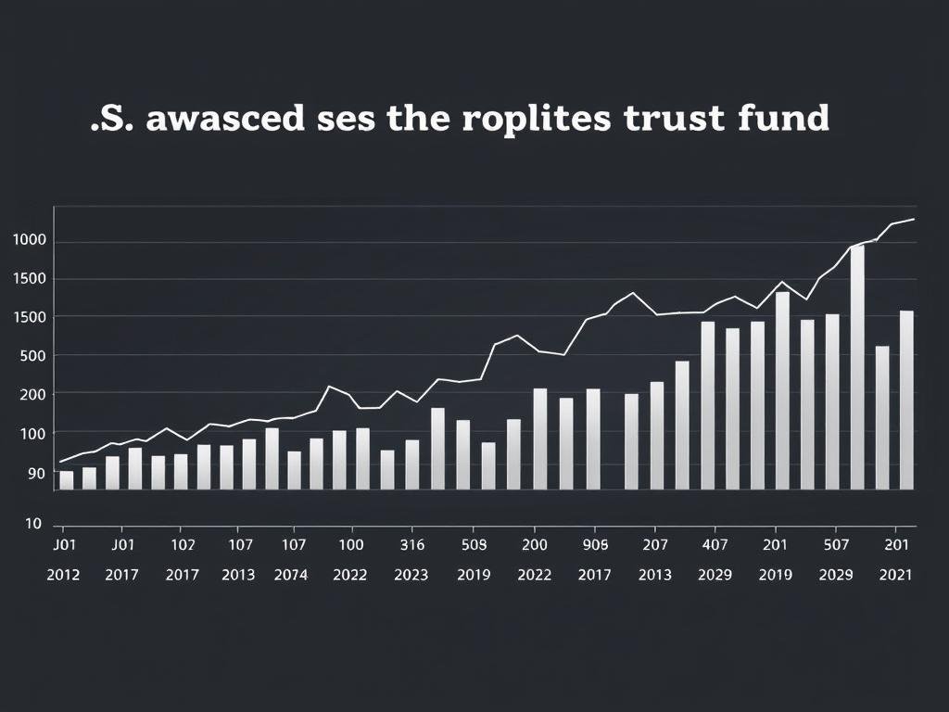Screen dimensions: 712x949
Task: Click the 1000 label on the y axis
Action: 29,240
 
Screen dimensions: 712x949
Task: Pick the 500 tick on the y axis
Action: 31,356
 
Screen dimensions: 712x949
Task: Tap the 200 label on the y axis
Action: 31,394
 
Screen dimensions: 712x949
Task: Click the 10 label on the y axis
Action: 33,524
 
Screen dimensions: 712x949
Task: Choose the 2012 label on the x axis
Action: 63,575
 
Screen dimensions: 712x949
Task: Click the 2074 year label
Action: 292,575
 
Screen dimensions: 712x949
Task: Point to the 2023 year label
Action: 411,575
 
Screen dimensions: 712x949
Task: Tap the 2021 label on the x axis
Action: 895,575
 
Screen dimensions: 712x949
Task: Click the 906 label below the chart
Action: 595,545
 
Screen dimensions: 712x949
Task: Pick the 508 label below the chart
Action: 473,545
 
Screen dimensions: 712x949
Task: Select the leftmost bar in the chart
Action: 66,479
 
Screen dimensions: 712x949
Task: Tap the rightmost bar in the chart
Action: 906,400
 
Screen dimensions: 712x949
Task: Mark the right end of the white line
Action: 915,219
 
